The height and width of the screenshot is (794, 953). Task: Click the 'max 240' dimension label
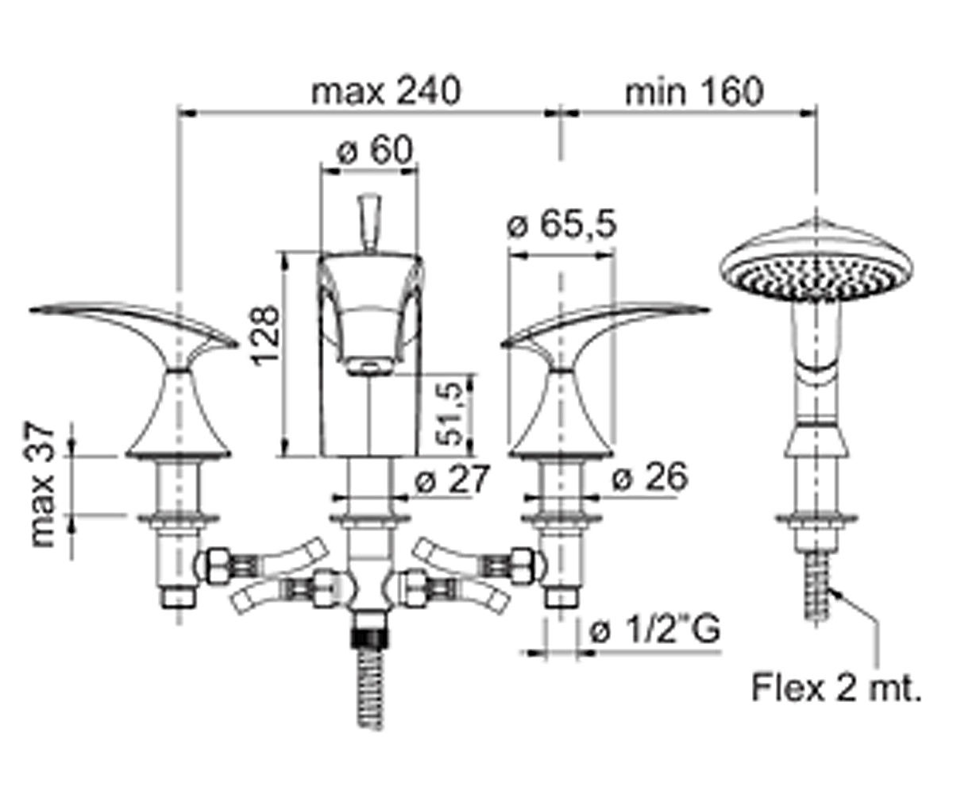pos(386,92)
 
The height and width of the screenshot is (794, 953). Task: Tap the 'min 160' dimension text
pos(694,92)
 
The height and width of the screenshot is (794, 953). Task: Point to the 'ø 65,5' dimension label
pos(561,224)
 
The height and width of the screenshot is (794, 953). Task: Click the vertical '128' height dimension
pos(266,335)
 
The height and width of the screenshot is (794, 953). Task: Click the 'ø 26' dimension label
pos(649,477)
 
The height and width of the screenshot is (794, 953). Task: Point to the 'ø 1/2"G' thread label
pos(655,630)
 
